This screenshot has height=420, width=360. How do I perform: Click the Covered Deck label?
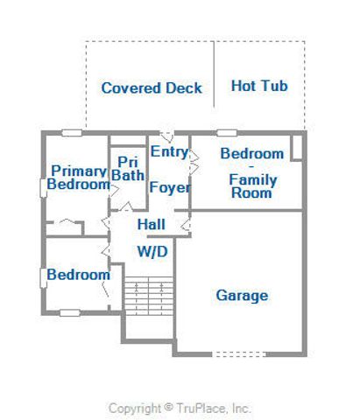152,88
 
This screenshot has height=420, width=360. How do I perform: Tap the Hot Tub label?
259,87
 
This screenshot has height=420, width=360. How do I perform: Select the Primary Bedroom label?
79,178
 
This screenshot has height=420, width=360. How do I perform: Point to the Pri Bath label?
127,169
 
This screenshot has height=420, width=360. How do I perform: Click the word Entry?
169,151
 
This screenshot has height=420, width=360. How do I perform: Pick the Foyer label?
170,188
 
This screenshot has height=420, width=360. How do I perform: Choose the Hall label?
152,225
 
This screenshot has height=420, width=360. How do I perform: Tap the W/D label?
152,252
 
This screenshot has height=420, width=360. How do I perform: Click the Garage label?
242,296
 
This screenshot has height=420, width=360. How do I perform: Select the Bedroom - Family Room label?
253,173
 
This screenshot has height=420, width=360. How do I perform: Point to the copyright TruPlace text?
180,408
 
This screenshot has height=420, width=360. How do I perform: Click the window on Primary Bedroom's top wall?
72,133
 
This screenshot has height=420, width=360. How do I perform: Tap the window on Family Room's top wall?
227,133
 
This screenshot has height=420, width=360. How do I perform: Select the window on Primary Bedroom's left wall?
43,186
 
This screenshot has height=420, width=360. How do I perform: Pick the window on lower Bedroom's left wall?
43,276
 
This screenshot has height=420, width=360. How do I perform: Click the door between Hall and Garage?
187,226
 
